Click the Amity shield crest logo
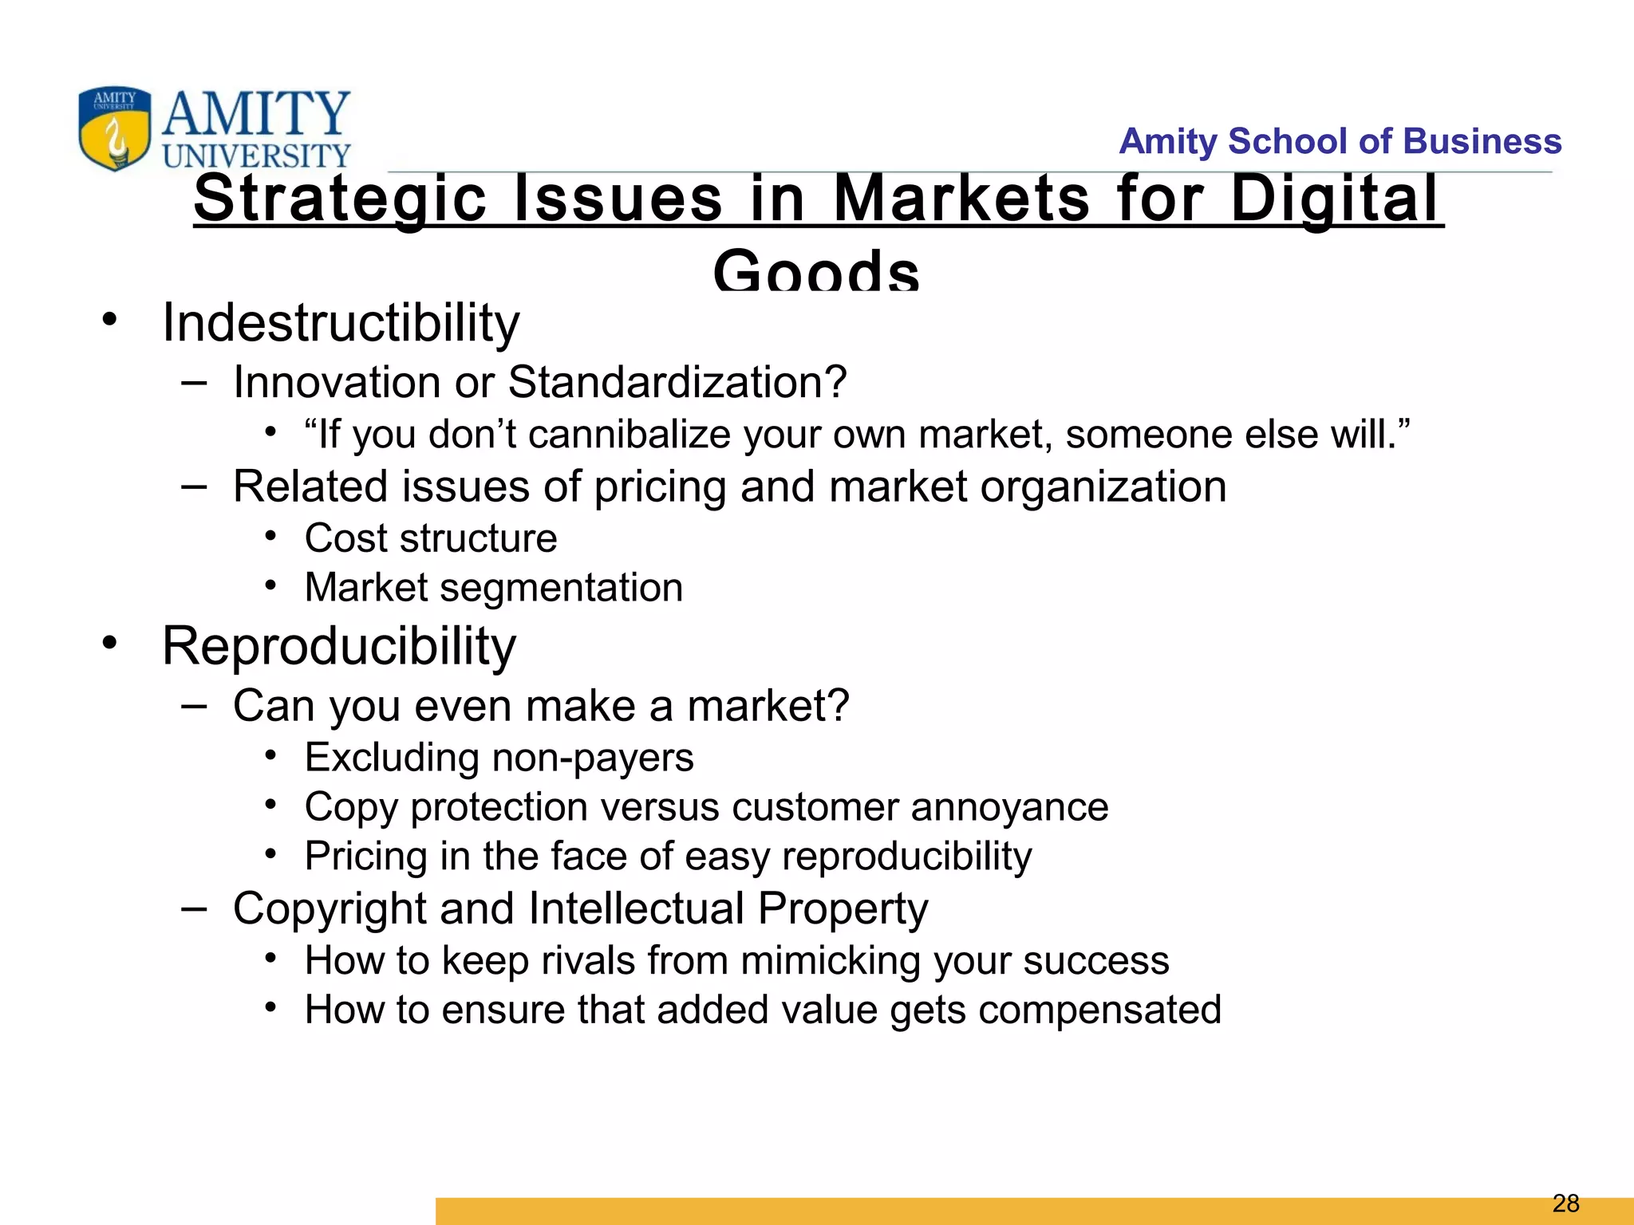click(114, 128)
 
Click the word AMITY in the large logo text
click(255, 114)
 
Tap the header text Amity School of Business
click(1340, 141)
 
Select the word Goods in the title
click(816, 270)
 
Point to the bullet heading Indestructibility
click(341, 323)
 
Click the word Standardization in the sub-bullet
click(677, 382)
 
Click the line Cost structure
click(431, 538)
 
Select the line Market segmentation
click(494, 588)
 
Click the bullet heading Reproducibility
click(339, 645)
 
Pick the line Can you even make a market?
click(541, 706)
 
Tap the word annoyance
click(1009, 807)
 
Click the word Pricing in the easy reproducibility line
click(365, 857)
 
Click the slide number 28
click(1566, 1203)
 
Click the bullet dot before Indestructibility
click(109, 321)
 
